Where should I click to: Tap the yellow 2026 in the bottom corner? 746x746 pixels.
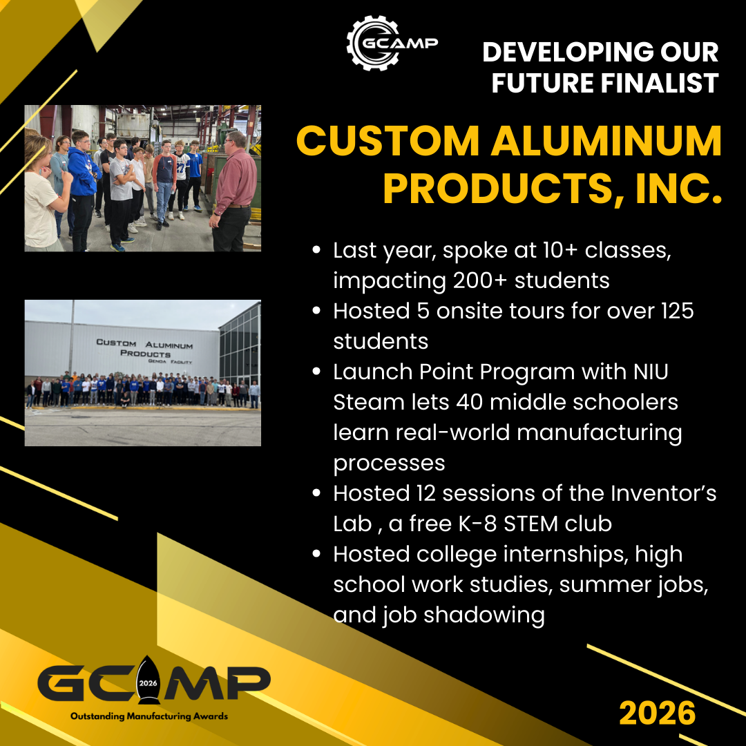coord(658,713)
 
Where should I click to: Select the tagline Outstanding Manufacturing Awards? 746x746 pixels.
coord(149,716)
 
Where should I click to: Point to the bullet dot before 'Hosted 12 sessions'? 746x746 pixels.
coord(316,493)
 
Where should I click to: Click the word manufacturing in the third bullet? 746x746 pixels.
coord(599,432)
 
